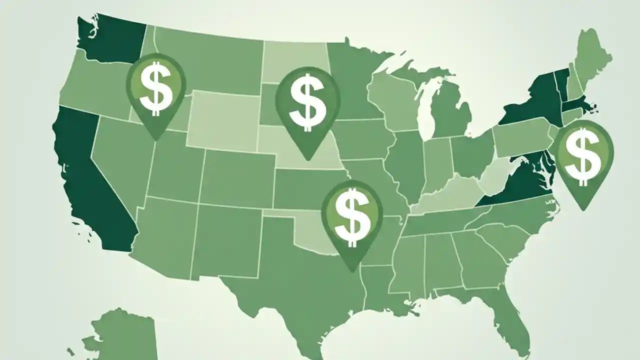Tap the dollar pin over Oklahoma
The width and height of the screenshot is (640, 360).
[352, 214]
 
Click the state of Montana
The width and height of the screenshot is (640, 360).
[210, 60]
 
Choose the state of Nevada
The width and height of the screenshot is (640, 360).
[117, 155]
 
